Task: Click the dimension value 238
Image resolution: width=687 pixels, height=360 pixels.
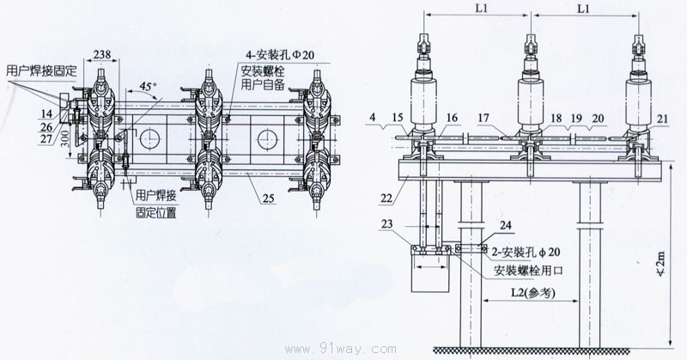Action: [104, 53]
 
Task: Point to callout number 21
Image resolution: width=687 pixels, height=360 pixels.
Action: [662, 118]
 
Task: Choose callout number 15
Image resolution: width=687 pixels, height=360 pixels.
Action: [396, 116]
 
